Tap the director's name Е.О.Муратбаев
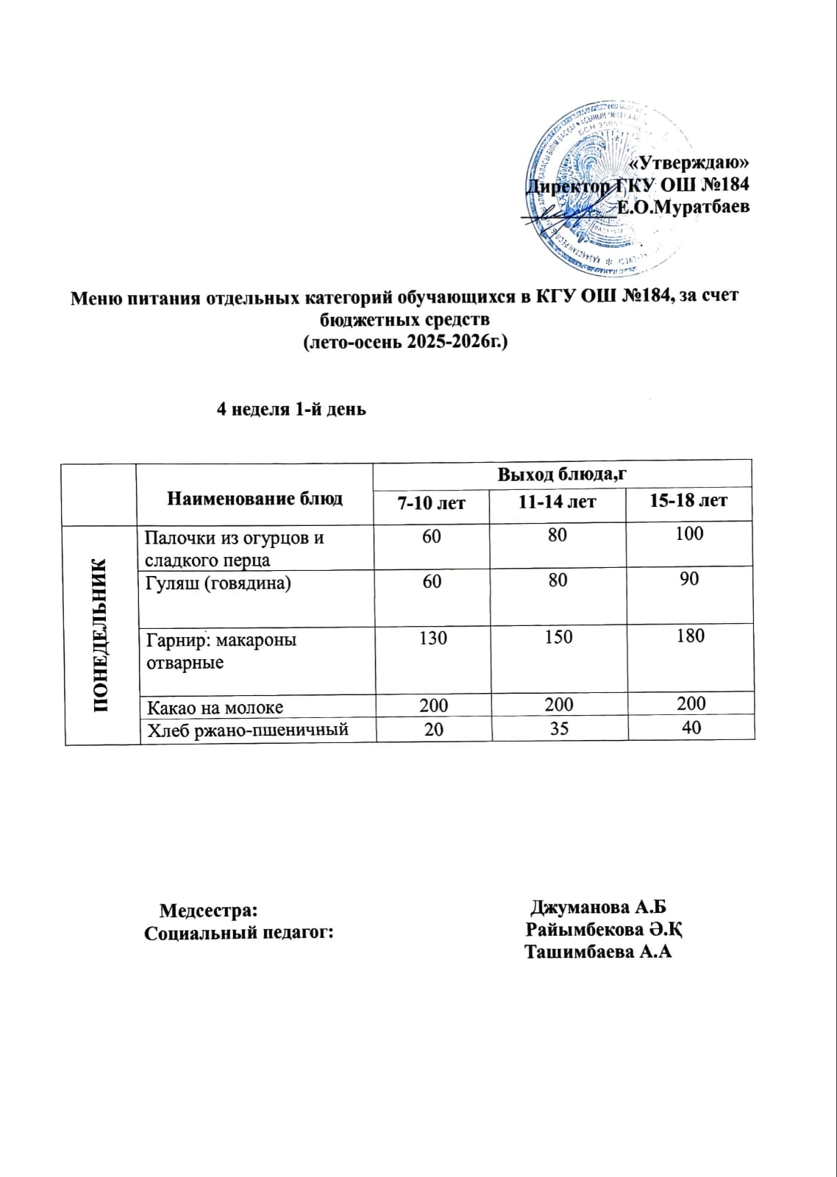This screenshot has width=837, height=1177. tap(683, 207)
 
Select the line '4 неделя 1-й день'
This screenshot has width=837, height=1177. tap(291, 410)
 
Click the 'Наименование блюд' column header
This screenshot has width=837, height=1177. tap(254, 499)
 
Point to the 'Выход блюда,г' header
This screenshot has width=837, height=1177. tap(562, 474)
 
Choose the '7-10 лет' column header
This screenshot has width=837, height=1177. tap(431, 504)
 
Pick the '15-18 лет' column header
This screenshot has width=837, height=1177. tap(688, 501)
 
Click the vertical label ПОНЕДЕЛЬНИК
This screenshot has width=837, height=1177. tap(101, 635)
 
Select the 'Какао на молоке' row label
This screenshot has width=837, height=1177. tap(215, 708)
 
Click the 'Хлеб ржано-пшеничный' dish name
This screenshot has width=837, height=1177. tap(248, 730)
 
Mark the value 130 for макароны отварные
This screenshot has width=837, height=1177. tap(432, 638)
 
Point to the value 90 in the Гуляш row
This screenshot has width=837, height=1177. tap(689, 580)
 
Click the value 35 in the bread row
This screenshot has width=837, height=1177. tap(559, 728)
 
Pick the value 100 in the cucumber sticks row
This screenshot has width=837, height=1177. tap(689, 534)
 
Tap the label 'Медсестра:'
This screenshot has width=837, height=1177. tap(208, 910)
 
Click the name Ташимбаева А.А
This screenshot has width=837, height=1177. tap(599, 953)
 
